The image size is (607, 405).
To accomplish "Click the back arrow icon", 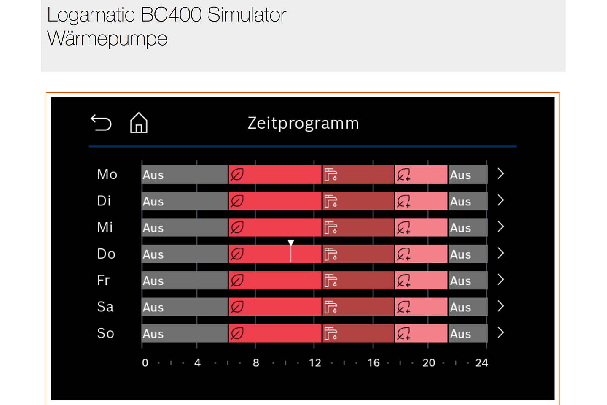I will click(101, 123).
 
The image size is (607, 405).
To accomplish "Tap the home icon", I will click(139, 123).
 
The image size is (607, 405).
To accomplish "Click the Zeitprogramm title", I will click(303, 123).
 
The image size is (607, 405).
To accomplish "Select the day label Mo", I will click(107, 174).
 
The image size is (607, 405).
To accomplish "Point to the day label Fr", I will click(104, 280).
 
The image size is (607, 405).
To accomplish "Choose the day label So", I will click(106, 333).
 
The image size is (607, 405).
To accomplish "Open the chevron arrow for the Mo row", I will click(501, 174).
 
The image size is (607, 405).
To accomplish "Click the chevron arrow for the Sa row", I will click(501, 306).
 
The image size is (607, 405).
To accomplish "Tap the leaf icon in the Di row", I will click(237, 201).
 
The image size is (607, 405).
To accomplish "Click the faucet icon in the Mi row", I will click(330, 228).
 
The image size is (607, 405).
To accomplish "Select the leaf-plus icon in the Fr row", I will click(403, 281).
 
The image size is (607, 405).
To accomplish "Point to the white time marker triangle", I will click(291, 243).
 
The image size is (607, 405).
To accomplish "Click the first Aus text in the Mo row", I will click(153, 175).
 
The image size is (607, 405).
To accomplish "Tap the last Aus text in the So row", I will click(460, 334).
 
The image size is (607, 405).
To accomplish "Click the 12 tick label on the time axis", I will click(315, 363).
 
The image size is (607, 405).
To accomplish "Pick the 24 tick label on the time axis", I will click(482, 363).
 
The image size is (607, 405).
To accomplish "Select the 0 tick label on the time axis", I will click(145, 363).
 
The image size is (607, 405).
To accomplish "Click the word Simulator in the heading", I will click(247, 15).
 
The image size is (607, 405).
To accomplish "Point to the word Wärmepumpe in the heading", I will click(107, 39).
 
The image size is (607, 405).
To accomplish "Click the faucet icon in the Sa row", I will click(330, 307).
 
